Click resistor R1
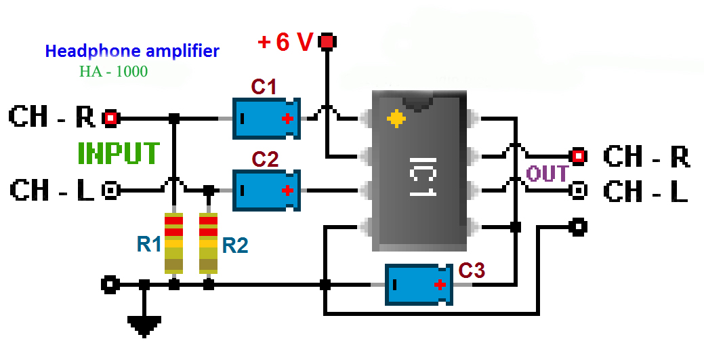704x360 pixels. click(174, 243)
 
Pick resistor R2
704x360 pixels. click(209, 243)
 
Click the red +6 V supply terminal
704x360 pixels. click(328, 42)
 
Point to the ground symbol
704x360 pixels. click(143, 327)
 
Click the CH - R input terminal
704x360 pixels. click(110, 119)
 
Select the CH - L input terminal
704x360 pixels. click(110, 191)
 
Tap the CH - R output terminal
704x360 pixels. click(577, 156)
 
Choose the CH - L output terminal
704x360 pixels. click(577, 191)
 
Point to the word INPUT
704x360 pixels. click(119, 154)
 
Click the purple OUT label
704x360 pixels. click(547, 174)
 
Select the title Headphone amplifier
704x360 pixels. click(132, 51)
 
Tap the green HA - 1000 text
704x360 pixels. click(113, 71)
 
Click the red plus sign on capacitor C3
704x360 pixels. click(440, 285)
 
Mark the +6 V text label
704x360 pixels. click(285, 43)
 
